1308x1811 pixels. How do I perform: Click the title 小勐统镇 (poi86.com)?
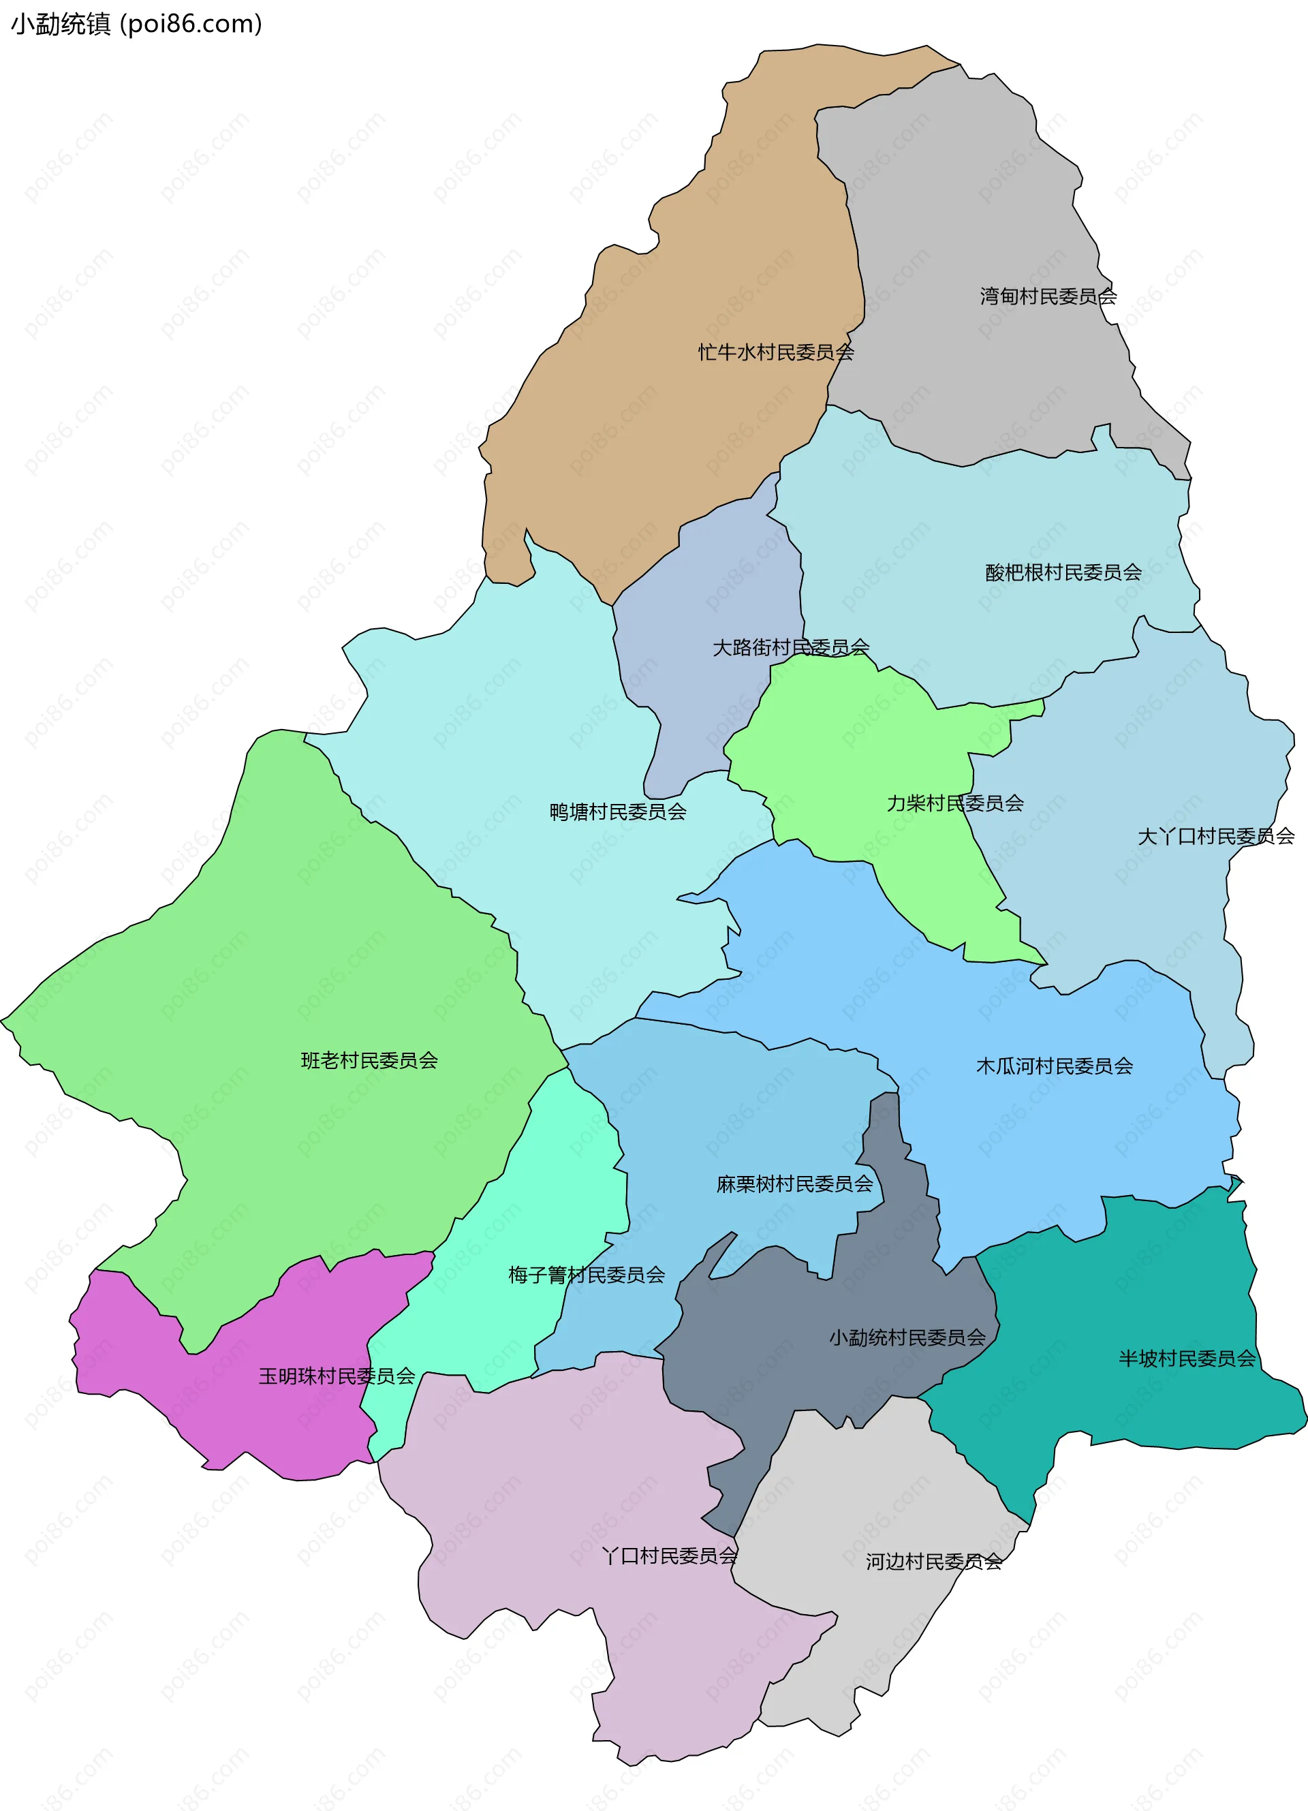pos(136,24)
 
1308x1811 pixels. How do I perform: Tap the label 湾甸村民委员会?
pos(1048,296)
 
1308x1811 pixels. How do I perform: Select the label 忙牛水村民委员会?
pos(775,352)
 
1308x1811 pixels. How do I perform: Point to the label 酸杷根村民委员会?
pos(1063,572)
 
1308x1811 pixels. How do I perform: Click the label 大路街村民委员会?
pos(790,647)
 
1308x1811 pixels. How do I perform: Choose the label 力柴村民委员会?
pos(954,803)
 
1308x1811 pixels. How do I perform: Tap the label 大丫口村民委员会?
pos(1215,836)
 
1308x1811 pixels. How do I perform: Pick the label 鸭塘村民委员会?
pos(617,811)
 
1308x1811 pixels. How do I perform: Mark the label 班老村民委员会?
pos(369,1059)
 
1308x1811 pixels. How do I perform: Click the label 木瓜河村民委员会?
pos(1054,1065)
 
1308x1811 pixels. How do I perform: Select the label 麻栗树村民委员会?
pos(794,1183)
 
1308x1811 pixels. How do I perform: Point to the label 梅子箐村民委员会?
pos(586,1274)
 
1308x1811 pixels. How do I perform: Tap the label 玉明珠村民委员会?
pos(336,1376)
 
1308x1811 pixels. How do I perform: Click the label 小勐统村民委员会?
pos(907,1337)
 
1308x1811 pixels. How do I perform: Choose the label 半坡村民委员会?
pos(1187,1359)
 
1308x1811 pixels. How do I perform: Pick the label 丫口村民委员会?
pos(669,1555)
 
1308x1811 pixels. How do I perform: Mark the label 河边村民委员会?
pos(933,1561)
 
